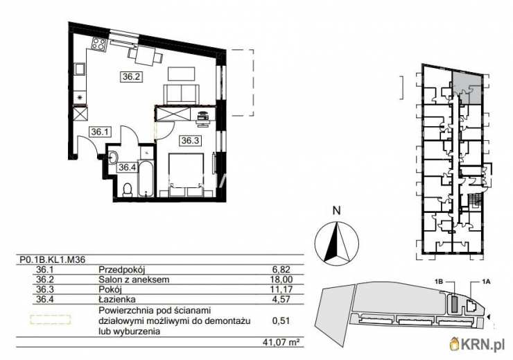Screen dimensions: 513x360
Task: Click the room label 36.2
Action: (132, 77)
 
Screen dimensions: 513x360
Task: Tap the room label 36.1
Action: (101, 132)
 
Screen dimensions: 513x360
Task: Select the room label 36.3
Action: (191, 141)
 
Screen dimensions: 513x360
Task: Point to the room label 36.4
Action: (128, 168)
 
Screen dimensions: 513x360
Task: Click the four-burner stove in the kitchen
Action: (99, 44)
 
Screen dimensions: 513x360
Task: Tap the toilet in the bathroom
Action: (127, 190)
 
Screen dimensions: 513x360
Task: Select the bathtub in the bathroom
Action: (146, 179)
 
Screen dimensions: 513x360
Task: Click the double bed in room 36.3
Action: (186, 175)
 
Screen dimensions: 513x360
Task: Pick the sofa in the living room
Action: (181, 94)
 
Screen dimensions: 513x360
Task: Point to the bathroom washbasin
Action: (113, 157)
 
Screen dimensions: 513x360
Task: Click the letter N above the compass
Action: (336, 211)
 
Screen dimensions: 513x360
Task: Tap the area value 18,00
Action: (283, 280)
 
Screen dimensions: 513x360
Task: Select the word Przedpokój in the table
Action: (122, 271)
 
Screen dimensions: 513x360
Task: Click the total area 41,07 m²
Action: (281, 343)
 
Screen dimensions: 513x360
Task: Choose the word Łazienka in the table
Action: (117, 299)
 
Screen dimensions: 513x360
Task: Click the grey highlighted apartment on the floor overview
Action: (467, 87)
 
